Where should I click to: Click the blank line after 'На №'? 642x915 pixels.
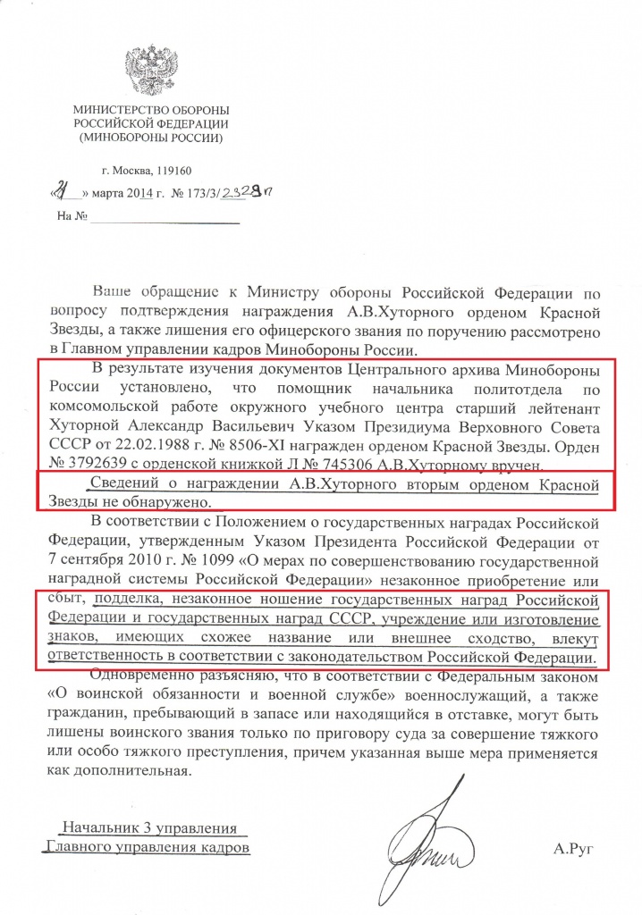[165, 217]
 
